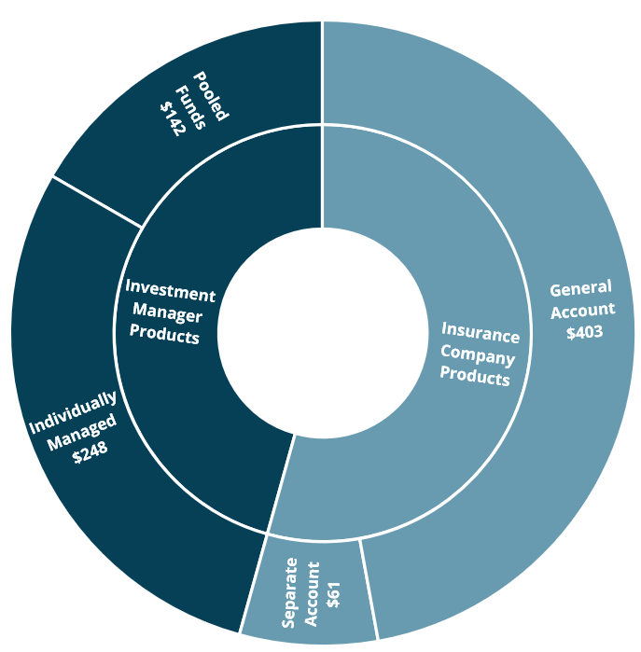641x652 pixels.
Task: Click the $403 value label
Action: (584, 332)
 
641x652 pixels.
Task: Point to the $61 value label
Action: (334, 594)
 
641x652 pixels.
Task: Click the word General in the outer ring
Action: (580, 288)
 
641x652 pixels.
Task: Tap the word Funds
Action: (191, 104)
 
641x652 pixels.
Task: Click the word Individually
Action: (73, 413)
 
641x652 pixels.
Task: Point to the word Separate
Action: (290, 590)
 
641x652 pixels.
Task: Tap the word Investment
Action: (170, 291)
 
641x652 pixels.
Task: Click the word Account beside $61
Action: (312, 592)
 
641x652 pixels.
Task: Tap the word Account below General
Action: (582, 310)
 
